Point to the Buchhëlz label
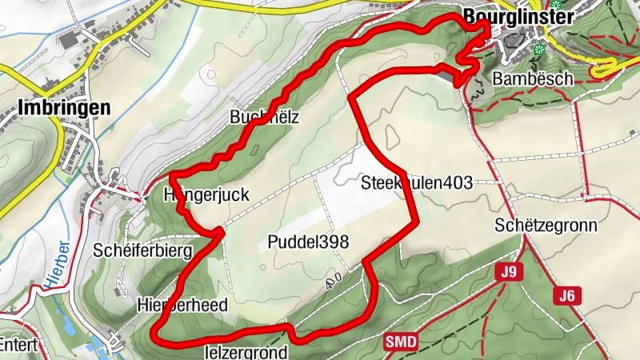tap(263, 117)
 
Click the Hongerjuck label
tap(206, 194)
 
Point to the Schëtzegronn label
tap(546, 225)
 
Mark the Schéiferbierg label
tap(143, 250)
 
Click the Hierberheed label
tap(182, 305)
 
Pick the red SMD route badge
tap(401, 342)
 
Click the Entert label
tap(14, 346)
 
